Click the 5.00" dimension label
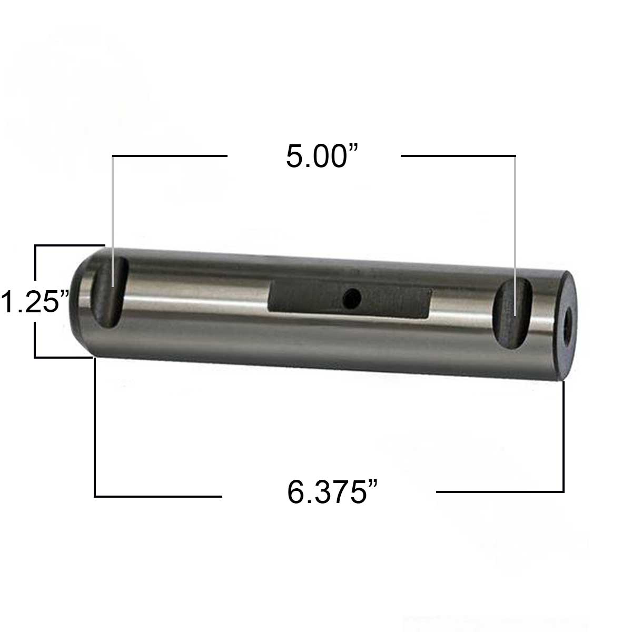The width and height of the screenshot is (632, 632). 322,156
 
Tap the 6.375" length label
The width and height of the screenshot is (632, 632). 333,492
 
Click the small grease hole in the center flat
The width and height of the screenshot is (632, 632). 349,300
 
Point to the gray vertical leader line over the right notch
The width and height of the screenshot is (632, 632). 515,221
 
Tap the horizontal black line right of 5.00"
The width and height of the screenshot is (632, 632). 458,156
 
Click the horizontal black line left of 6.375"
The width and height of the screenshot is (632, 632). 158,496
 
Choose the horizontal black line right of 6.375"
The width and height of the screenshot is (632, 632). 500,492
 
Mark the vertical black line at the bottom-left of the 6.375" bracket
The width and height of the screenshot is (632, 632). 95,427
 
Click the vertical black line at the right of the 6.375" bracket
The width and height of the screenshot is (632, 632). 564,437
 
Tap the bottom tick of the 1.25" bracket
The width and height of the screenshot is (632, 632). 63,357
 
